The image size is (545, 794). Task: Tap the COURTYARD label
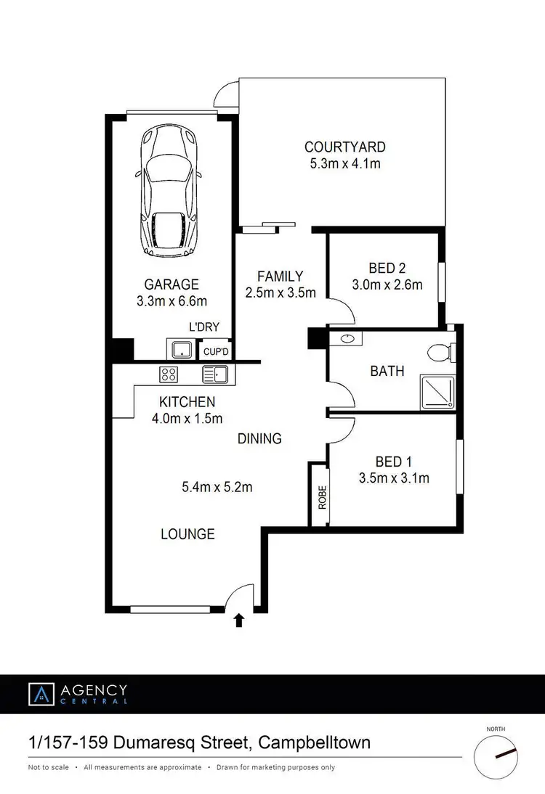coord(345,147)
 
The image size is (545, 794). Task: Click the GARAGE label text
coord(171,285)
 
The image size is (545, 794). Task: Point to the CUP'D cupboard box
coord(216,351)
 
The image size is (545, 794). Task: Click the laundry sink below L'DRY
coord(179,350)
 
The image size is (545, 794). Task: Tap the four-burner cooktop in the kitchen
coord(169,375)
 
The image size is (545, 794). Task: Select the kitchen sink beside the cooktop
coord(216,375)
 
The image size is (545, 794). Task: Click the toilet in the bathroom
coord(440,353)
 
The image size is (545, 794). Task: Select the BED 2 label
coord(387,269)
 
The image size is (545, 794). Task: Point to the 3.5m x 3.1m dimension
coord(394,478)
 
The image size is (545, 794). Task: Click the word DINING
coord(259,438)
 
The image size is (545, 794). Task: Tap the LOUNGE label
coord(187,534)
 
